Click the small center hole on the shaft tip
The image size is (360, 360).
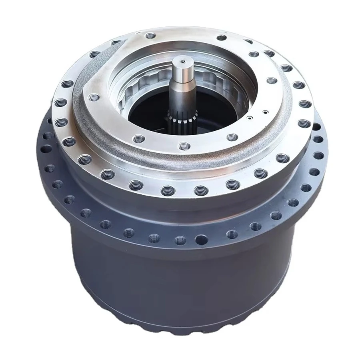click(x=182, y=61)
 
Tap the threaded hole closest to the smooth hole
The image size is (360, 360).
click(x=180, y=240)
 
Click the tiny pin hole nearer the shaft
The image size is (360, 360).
click(x=249, y=118)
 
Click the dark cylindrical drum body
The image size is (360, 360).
click(x=180, y=288)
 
